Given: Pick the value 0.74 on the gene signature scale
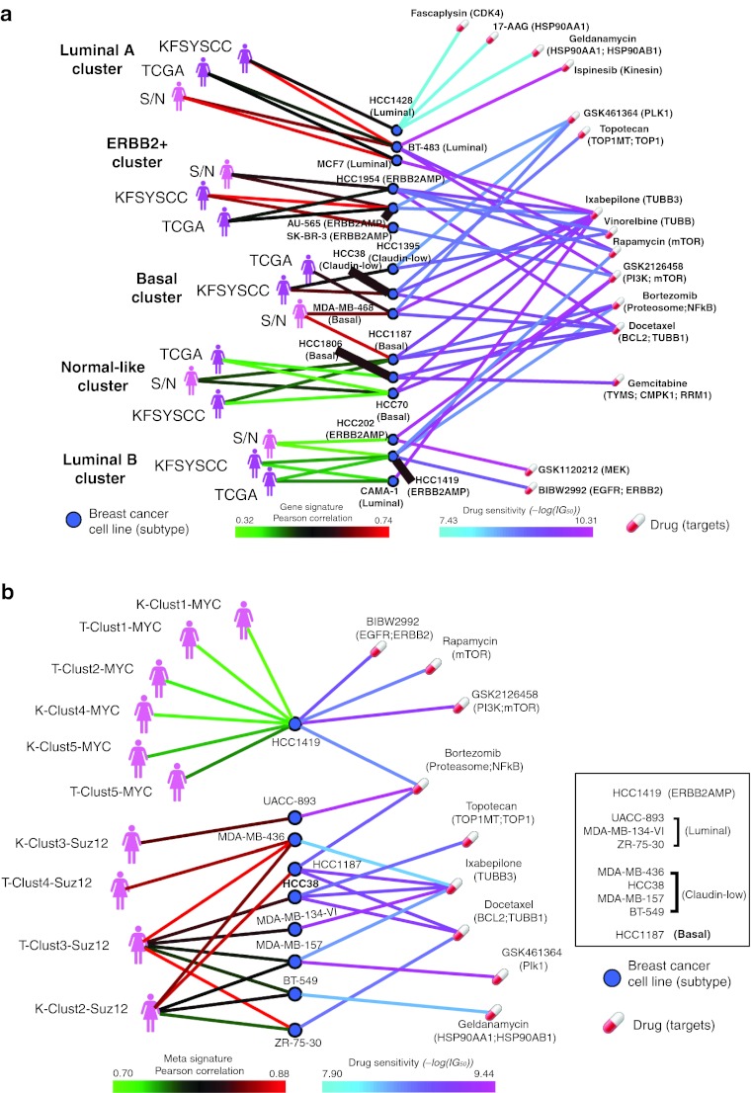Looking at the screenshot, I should (x=378, y=515).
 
